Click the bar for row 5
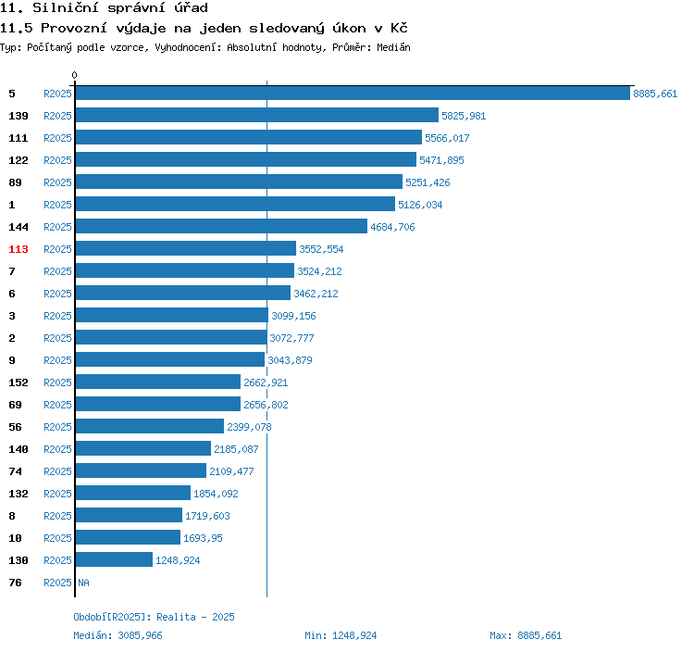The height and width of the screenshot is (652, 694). [x=353, y=93]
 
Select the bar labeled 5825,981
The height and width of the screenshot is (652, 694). [x=257, y=115]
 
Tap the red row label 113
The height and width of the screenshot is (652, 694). [x=19, y=249]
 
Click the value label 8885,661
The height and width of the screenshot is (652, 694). [x=655, y=94]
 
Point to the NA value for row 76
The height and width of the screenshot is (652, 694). [x=83, y=583]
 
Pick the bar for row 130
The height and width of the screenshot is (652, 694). [x=114, y=559]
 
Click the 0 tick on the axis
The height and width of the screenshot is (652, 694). [x=74, y=75]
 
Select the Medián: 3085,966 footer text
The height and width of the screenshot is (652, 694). [x=118, y=635]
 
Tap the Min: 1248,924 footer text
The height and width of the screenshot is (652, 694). [x=341, y=635]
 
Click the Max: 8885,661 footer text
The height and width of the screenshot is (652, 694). [x=526, y=635]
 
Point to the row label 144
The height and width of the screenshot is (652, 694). [x=19, y=227]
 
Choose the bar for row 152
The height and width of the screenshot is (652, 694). [x=158, y=382]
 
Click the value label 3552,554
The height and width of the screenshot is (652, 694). [x=321, y=249]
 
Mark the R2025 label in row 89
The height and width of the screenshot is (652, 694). [x=57, y=182]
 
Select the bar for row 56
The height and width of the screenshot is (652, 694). [x=150, y=426]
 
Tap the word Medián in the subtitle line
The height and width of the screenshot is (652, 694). [x=393, y=47]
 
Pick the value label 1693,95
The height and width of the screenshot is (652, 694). [x=204, y=538]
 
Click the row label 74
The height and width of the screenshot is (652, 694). [x=15, y=471]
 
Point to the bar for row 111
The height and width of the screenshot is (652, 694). [x=249, y=137]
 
